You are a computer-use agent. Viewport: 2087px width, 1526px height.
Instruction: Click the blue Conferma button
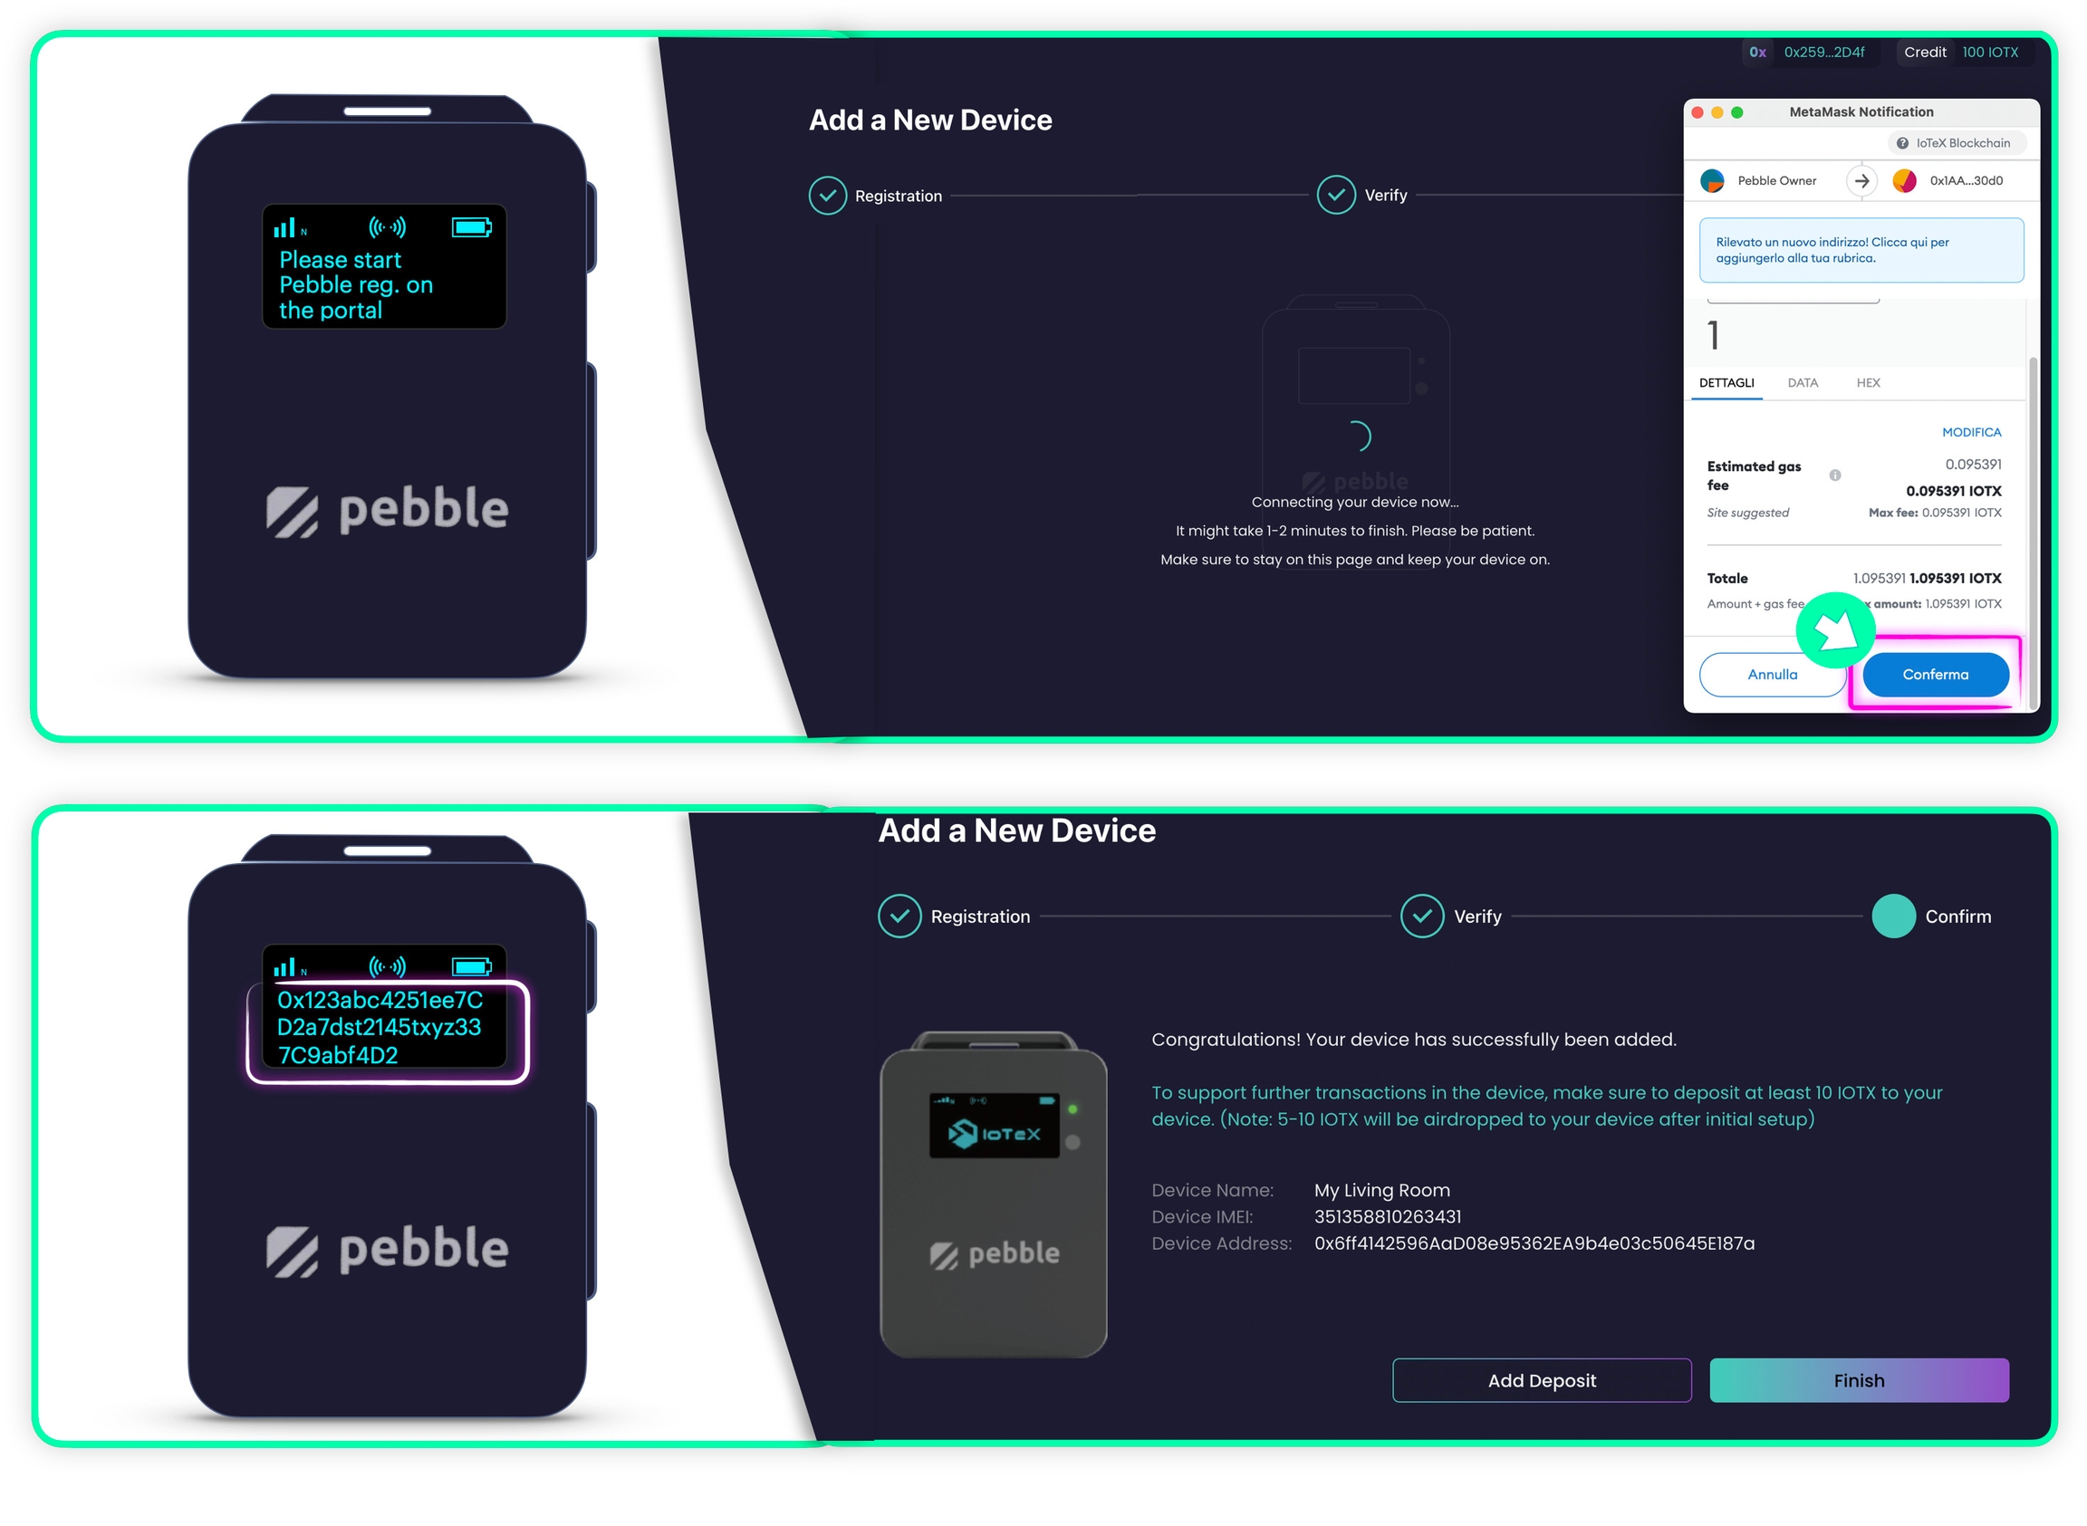1935,675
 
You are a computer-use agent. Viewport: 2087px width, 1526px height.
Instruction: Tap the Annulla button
1771,675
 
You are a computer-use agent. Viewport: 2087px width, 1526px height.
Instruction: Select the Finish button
1858,1380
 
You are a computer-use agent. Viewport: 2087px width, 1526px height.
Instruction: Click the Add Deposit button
1541,1380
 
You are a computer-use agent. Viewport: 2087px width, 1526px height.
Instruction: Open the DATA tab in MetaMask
1802,382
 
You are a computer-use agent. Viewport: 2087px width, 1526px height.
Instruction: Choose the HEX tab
1867,382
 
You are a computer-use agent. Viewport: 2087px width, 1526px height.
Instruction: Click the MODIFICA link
1970,432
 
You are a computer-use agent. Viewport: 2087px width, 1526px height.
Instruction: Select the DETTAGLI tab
1726,382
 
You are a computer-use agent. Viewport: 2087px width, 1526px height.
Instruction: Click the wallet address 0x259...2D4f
1823,53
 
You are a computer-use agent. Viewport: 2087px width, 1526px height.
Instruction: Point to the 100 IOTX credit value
1989,53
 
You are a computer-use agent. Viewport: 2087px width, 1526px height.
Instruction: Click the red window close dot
1697,112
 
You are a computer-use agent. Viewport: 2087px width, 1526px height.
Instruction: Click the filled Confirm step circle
1893,917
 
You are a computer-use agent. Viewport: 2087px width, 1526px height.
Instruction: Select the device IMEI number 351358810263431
1387,1216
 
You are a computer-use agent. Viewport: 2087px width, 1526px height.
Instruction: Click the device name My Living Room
1381,1190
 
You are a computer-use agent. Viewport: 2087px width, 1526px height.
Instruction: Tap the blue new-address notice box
1861,250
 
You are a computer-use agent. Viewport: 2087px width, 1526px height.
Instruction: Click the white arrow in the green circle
1835,630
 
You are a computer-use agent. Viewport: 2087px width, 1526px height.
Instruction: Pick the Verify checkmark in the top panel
1336,195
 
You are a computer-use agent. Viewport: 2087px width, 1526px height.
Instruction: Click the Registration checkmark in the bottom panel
899,917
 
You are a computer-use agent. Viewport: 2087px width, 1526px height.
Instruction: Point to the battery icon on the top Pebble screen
471,227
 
